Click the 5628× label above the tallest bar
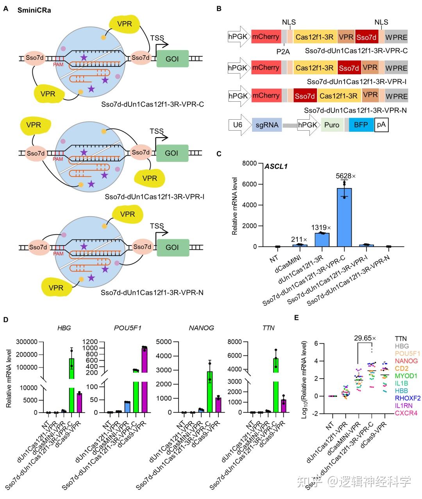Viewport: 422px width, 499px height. [345, 176]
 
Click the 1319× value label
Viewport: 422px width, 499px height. [321, 227]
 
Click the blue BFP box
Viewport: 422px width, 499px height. [361, 125]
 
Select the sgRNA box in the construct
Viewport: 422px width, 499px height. [267, 125]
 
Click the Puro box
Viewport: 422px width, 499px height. [332, 125]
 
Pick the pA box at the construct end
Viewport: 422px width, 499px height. [381, 125]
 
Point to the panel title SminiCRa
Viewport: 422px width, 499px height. [34, 10]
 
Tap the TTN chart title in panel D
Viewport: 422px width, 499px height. [269, 328]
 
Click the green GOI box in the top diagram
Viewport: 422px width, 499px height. [172, 59]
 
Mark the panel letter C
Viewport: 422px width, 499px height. [219, 154]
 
